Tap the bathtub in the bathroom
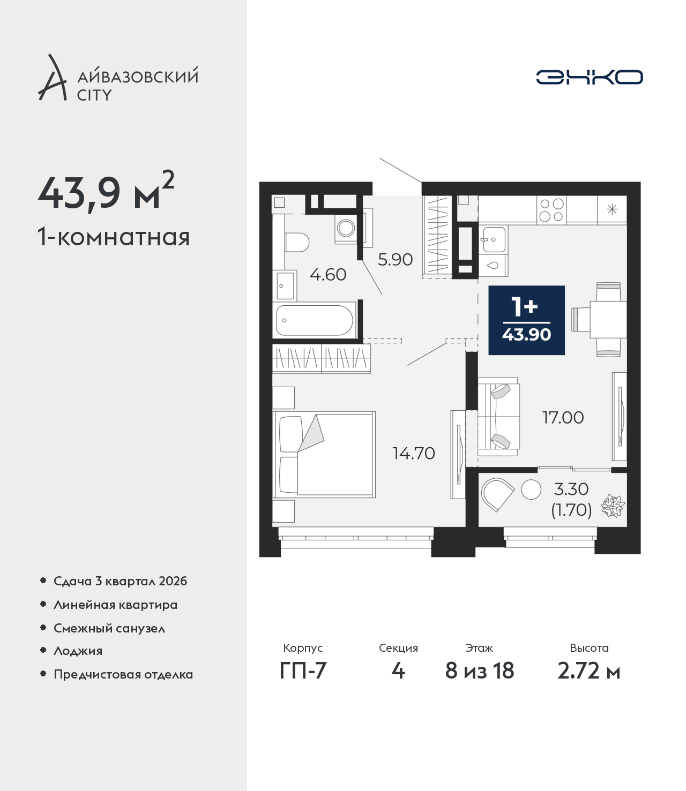(314, 320)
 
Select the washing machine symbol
(346, 228)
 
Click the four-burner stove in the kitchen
(551, 210)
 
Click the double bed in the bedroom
(324, 455)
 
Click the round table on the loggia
(531, 489)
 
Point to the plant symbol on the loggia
(613, 506)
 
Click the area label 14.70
(414, 454)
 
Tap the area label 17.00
(563, 418)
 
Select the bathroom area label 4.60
(328, 274)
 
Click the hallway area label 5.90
(395, 259)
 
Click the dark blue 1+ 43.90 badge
(526, 320)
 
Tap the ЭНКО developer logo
(589, 77)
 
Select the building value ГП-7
(303, 671)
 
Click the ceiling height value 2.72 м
(588, 671)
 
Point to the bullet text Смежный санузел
(109, 628)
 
